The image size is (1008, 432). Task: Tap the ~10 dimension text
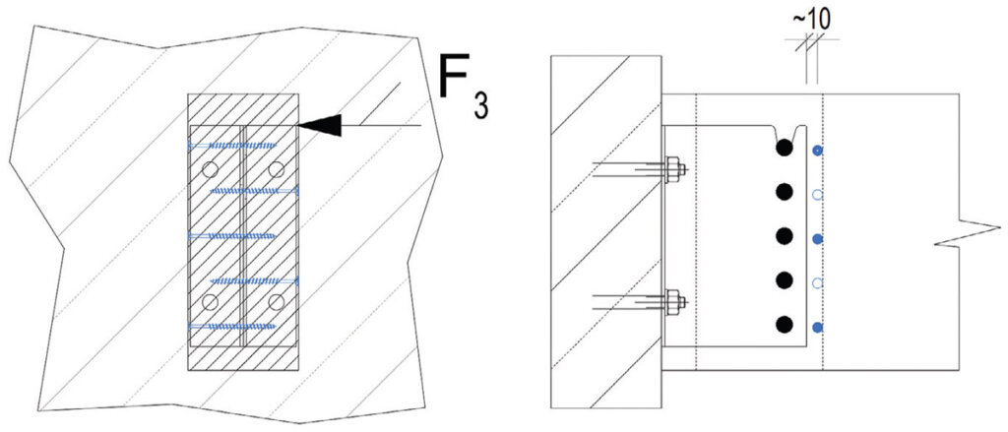click(x=811, y=20)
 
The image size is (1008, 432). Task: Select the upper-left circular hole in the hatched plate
click(x=209, y=169)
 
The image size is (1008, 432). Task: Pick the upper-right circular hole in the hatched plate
click(x=277, y=169)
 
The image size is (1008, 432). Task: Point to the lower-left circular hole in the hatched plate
click(x=209, y=302)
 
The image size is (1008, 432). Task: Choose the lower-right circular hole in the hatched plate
click(x=277, y=302)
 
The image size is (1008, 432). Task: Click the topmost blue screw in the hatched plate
click(x=232, y=146)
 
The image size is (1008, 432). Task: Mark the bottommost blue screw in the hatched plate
click(x=232, y=327)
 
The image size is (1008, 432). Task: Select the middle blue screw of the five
click(x=232, y=236)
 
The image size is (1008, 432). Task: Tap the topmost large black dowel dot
click(x=783, y=148)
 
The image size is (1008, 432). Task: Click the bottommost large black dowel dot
click(x=783, y=325)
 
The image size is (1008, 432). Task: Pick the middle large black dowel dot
click(x=783, y=236)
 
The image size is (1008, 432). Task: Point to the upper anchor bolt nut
click(x=673, y=170)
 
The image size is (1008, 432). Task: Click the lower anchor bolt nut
click(x=673, y=302)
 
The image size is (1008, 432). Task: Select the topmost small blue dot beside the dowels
click(x=817, y=151)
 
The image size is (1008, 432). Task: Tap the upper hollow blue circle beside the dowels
click(x=817, y=194)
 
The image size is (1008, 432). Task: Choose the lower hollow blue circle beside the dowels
click(x=817, y=282)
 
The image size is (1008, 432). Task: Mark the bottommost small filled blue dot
click(x=817, y=328)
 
